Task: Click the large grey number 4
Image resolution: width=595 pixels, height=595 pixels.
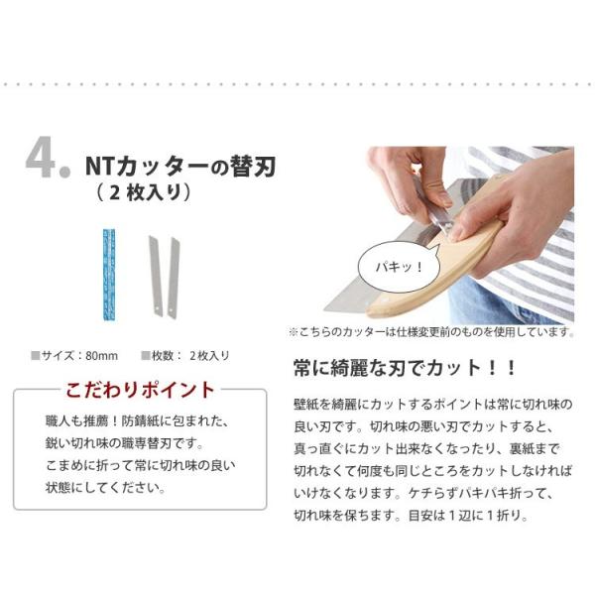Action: [41, 157]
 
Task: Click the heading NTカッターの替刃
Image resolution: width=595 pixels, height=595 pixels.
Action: [180, 167]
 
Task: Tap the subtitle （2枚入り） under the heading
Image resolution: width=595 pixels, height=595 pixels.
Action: [143, 192]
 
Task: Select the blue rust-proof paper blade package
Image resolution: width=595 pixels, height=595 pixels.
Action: [109, 275]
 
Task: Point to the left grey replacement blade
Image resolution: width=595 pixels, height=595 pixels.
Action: [156, 276]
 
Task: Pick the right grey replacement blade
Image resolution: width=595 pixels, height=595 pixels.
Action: [174, 278]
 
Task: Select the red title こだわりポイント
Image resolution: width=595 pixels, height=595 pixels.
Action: [141, 390]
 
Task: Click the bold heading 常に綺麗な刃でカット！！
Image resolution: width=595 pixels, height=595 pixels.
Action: [406, 368]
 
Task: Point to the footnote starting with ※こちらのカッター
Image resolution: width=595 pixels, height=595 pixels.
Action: [431, 332]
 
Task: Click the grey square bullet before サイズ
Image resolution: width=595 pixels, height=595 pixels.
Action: [36, 356]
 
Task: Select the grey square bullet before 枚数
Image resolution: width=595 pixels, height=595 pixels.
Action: [146, 356]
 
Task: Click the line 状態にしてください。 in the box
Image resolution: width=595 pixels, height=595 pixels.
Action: [106, 488]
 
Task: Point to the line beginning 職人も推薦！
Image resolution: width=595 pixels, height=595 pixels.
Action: [137, 421]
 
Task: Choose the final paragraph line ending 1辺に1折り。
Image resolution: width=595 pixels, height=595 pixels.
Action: [411, 516]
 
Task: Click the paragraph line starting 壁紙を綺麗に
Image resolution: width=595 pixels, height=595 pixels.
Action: [433, 405]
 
